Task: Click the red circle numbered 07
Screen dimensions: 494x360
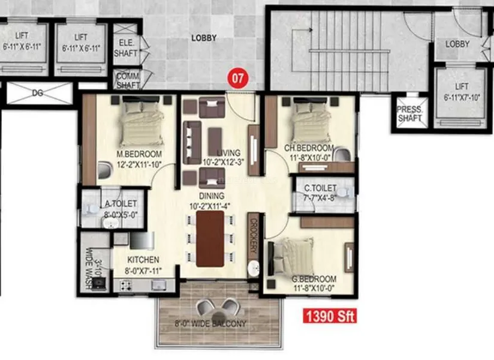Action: click(x=238, y=78)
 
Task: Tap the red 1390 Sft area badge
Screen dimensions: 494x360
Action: click(x=330, y=316)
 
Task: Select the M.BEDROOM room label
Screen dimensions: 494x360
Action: click(x=139, y=154)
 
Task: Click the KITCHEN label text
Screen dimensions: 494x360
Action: click(x=143, y=260)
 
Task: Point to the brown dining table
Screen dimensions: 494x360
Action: click(x=210, y=239)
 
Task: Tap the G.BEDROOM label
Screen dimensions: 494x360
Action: click(x=314, y=279)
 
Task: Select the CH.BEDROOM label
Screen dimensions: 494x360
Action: click(x=309, y=148)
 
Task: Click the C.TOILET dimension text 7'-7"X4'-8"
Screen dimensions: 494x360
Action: click(x=320, y=198)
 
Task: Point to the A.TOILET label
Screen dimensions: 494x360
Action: click(x=121, y=204)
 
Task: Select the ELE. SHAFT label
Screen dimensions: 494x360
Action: click(x=126, y=48)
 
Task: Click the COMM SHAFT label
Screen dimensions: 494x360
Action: click(x=128, y=81)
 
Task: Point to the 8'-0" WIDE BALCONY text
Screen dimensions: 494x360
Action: click(x=210, y=323)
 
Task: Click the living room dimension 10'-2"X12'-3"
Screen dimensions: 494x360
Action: click(x=224, y=163)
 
